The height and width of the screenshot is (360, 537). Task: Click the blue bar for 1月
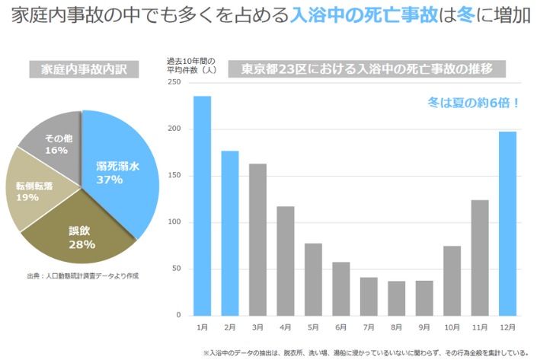(202, 205)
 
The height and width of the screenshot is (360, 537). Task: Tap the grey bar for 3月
(257, 239)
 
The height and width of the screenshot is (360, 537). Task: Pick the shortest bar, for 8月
(396, 298)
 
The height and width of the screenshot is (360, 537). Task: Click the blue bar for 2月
(230, 233)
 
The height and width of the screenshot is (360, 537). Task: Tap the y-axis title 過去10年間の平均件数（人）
(191, 65)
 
